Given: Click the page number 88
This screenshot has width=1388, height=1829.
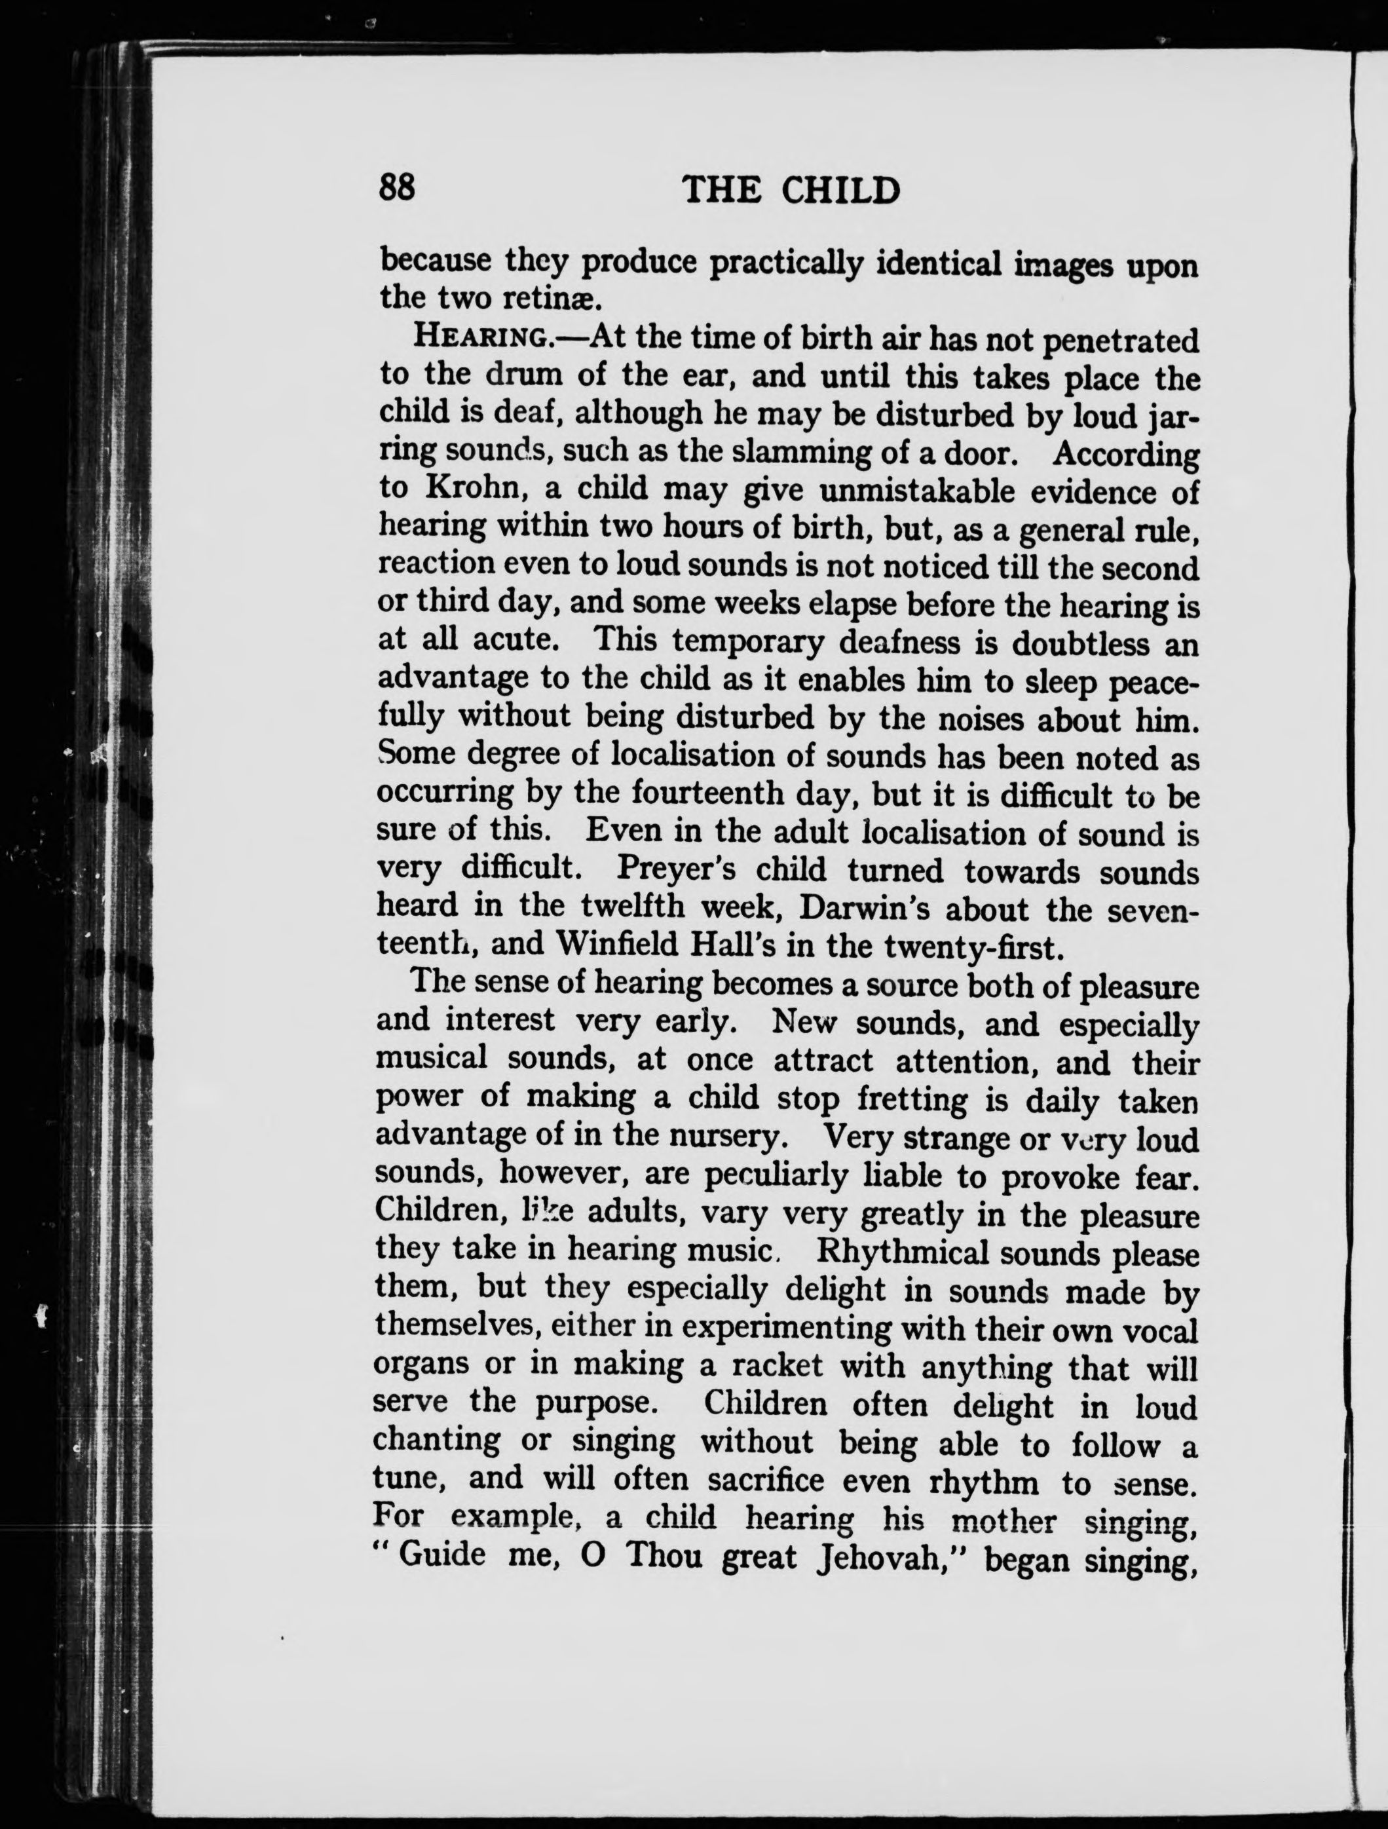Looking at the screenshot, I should point(397,188).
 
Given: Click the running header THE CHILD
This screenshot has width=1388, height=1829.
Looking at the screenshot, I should point(791,191).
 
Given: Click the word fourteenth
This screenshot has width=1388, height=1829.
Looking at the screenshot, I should point(707,793).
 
